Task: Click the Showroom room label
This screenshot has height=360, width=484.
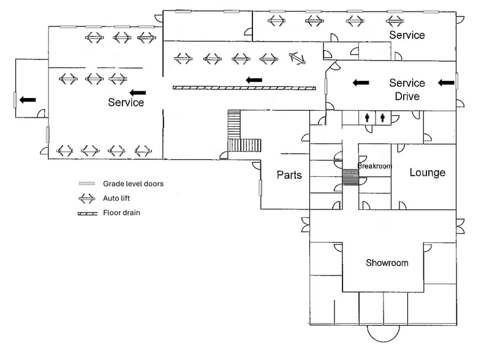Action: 387,263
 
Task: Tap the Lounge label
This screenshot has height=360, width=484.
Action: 427,173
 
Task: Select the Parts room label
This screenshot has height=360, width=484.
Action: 289,175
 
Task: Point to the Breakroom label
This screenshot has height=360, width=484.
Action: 374,166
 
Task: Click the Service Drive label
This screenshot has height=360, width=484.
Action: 407,89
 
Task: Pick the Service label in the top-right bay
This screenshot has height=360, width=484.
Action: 407,35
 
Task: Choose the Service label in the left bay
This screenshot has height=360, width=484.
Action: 126,102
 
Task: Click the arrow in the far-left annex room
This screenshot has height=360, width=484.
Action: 28,99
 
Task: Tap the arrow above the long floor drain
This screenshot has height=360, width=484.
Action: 254,80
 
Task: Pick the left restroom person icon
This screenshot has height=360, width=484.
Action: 368,118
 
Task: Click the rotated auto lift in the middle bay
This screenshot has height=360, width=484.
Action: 297,58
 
